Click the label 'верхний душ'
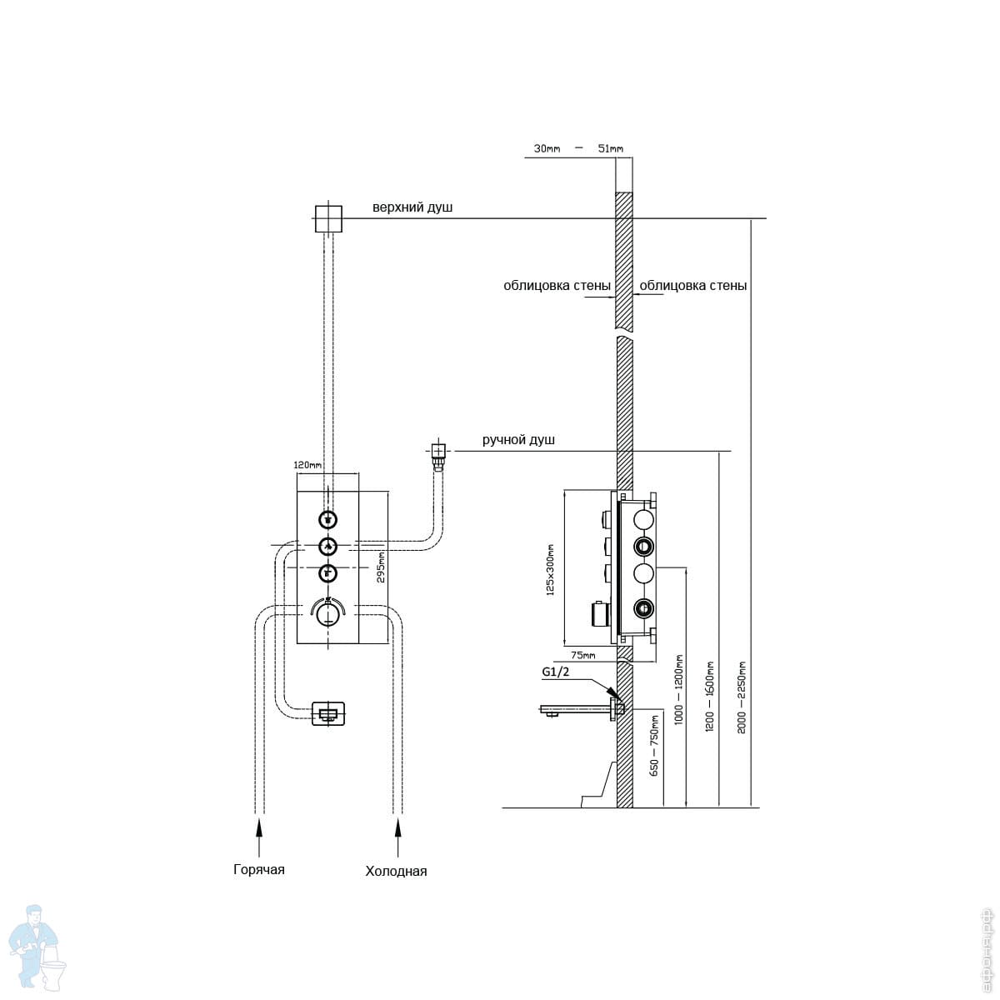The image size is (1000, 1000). [x=412, y=207]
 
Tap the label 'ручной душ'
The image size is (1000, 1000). [x=518, y=440]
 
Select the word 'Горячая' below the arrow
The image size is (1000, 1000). [x=259, y=870]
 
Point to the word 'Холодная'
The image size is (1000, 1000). [x=396, y=872]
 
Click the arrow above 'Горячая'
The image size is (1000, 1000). [x=259, y=827]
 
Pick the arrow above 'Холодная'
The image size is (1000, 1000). [x=398, y=827]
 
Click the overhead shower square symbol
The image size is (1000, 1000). [x=328, y=219]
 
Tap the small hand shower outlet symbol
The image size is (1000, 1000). [x=437, y=452]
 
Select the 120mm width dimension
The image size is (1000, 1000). [x=307, y=465]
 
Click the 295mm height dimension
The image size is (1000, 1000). [x=381, y=567]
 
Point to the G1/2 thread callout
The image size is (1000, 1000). [x=555, y=672]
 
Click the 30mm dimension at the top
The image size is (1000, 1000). [x=547, y=149]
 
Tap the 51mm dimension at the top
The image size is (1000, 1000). [x=610, y=149]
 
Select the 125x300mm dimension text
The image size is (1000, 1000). [x=550, y=570]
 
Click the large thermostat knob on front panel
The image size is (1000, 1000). [x=328, y=612]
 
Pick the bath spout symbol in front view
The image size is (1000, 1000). [x=328, y=713]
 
